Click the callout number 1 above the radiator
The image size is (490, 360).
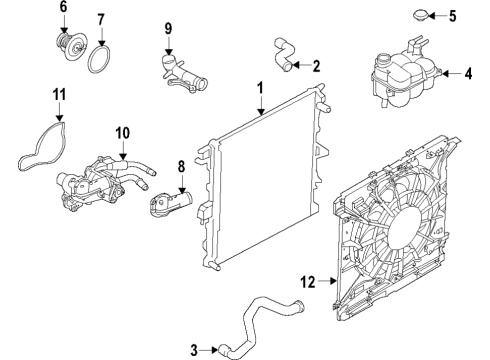(x=260, y=88)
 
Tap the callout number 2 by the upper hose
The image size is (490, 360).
(x=316, y=67)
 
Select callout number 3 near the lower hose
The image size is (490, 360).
(x=196, y=349)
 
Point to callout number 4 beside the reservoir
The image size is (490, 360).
(x=469, y=73)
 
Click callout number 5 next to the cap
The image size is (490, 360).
(x=451, y=16)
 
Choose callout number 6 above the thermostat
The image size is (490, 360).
(x=63, y=8)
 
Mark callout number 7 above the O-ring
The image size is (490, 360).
(x=101, y=20)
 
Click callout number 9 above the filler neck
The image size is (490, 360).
(x=169, y=27)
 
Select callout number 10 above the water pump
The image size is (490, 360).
(x=122, y=131)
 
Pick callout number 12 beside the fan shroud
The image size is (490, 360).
(x=309, y=283)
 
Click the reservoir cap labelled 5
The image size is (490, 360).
(x=412, y=16)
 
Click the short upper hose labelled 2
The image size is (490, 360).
(x=283, y=55)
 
